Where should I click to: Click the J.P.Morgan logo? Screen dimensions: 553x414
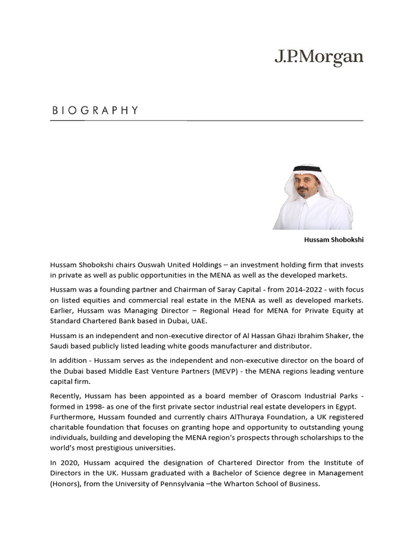(x=319, y=58)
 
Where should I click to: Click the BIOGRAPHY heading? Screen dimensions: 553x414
(x=95, y=111)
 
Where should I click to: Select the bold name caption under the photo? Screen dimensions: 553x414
(x=334, y=240)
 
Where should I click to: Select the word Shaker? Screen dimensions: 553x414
(x=350, y=335)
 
